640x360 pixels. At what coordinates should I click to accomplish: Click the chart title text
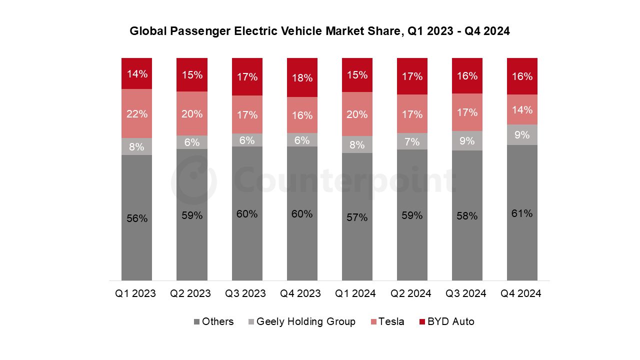point(319,31)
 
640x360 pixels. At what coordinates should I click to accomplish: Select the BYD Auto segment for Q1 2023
point(136,73)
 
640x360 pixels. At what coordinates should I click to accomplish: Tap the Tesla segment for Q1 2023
point(136,113)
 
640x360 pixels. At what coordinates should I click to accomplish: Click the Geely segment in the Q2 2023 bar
point(192,142)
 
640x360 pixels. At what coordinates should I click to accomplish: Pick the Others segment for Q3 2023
point(247,213)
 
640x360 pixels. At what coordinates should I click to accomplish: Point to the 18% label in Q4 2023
point(302,77)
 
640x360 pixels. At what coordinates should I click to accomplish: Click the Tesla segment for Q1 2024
point(357,114)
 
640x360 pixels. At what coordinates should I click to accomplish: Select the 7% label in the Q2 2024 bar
point(412,141)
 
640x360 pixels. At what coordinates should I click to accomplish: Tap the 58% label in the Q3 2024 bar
point(467,216)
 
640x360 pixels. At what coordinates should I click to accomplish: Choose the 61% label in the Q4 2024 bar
point(522,213)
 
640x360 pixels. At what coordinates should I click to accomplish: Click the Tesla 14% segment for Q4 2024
point(522,109)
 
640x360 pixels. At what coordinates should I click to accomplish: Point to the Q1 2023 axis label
point(135,293)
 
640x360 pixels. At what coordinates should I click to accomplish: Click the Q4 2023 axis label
point(300,293)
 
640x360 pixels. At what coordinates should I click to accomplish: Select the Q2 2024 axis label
point(410,293)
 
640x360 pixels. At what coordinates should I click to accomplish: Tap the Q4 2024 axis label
point(521,293)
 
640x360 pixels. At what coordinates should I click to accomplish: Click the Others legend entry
point(214,321)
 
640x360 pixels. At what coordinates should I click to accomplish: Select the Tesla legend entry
point(387,321)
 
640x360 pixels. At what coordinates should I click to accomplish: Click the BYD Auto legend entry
point(446,321)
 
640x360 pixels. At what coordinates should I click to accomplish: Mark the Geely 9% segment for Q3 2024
point(467,141)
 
